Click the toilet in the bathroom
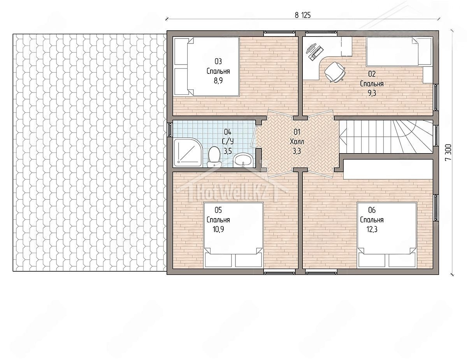tap(214, 157)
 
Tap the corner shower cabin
tap(188, 152)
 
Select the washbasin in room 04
tap(243, 159)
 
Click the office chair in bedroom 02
tap(335, 72)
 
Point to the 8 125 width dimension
tap(303, 16)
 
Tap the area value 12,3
tap(372, 229)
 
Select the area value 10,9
tap(218, 229)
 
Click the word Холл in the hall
tap(297, 142)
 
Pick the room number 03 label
tap(218, 61)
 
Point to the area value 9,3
tap(372, 93)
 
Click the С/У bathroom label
tap(228, 141)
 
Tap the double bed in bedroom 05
tap(233, 235)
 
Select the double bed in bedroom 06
tap(387, 235)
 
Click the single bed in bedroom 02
tap(399, 52)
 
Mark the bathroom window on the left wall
tap(170, 130)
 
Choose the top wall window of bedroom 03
tap(279, 32)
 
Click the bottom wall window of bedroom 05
tap(279, 273)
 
